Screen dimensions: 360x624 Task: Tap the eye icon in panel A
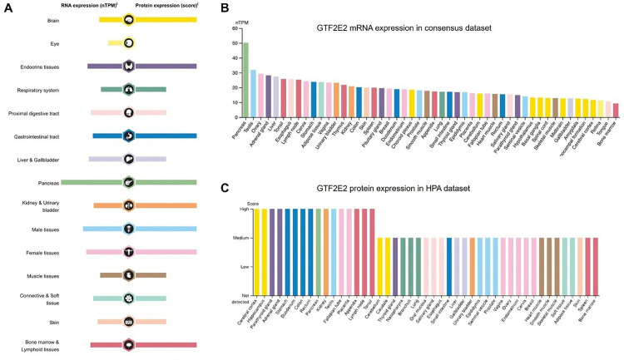pyautogui.click(x=129, y=42)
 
